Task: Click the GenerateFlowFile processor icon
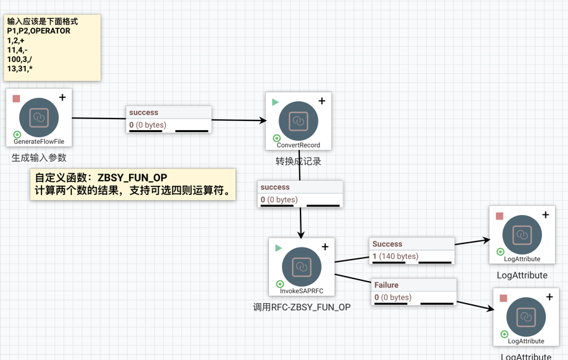[39, 117]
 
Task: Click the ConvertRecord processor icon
[298, 120]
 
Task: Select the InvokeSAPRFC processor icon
[302, 266]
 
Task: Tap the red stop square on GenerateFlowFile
[16, 98]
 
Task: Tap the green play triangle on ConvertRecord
[275, 102]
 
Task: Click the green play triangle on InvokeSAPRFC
[278, 248]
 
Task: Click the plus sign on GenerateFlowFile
[62, 98]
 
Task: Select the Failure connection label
[387, 285]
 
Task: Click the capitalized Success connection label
[387, 244]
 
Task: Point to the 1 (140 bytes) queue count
[395, 256]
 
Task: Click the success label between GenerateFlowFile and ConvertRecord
[144, 113]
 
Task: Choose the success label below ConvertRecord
[275, 187]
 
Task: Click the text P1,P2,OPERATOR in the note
[39, 30]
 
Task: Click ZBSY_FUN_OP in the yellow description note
[132, 178]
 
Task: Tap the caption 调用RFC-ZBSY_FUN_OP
[302, 307]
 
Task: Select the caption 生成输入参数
[39, 157]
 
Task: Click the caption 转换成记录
[298, 161]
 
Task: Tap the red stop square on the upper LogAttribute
[499, 216]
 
